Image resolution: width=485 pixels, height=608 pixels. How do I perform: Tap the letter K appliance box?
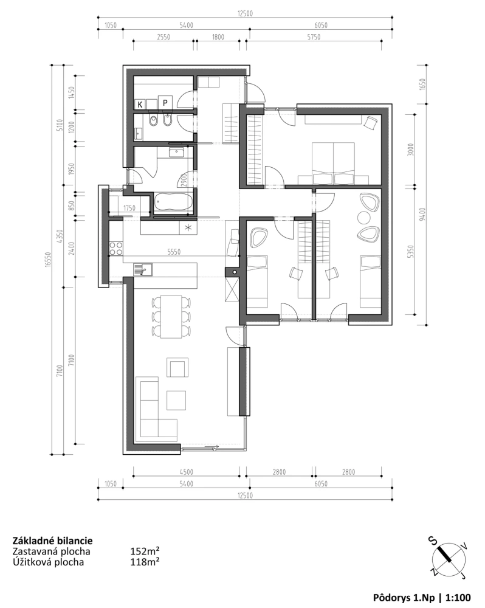[x=140, y=104]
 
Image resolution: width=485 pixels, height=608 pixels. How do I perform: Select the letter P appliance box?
[x=165, y=103]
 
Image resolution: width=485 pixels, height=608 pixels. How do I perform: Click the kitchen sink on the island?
[x=143, y=269]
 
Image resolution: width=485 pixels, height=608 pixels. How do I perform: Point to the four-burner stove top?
[x=116, y=248]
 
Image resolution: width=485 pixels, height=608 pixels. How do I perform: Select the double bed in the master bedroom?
[x=334, y=163]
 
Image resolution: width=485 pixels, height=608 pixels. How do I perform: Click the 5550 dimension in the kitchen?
[x=174, y=252]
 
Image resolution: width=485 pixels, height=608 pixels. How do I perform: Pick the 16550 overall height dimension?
[x=47, y=259]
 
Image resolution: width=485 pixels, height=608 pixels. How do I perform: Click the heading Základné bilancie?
[x=53, y=541]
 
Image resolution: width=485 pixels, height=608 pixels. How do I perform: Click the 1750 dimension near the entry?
[x=129, y=208]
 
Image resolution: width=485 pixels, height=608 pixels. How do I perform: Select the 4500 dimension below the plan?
[x=187, y=472]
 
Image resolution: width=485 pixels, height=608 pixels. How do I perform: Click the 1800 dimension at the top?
[x=218, y=37]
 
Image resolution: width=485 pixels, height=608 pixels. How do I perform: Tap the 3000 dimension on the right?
[x=411, y=150]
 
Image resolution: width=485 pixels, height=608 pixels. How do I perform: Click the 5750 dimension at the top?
[x=314, y=37]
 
